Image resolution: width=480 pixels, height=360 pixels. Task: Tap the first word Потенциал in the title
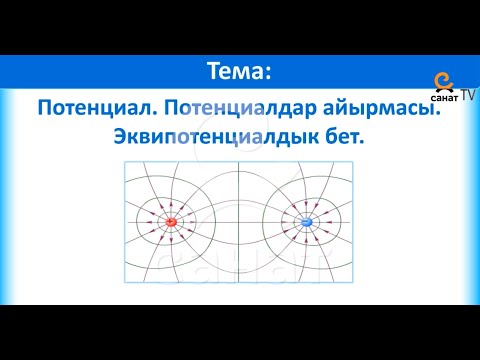pyautogui.click(x=93, y=108)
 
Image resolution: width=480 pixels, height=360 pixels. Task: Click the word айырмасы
pyautogui.click(x=384, y=108)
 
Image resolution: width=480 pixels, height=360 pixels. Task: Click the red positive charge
pyautogui.click(x=171, y=221)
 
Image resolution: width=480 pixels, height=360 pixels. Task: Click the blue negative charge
pyautogui.click(x=307, y=221)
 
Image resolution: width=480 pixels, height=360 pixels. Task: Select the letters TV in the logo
pyautogui.click(x=467, y=93)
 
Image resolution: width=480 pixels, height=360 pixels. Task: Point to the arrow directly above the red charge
pyautogui.click(x=171, y=205)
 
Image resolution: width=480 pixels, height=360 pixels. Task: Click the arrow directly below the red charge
pyautogui.click(x=171, y=238)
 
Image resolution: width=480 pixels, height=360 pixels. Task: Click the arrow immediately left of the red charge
pyautogui.click(x=153, y=221)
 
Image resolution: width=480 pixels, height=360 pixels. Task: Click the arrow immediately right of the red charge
pyautogui.click(x=189, y=221)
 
